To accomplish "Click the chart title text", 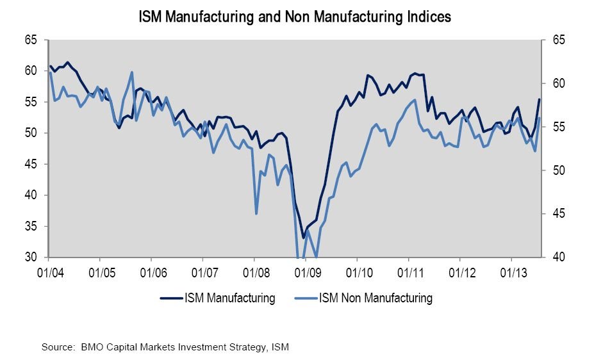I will [x=295, y=17].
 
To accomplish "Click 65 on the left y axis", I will [x=31, y=40].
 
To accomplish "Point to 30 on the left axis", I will [x=31, y=258].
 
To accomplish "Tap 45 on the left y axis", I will [x=31, y=165].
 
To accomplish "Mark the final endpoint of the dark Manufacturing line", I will [x=540, y=99].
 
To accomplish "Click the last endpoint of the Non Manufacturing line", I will [x=540, y=118].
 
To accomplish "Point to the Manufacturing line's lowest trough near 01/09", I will [x=303, y=238].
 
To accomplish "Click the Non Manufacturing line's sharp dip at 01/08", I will [x=256, y=213].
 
